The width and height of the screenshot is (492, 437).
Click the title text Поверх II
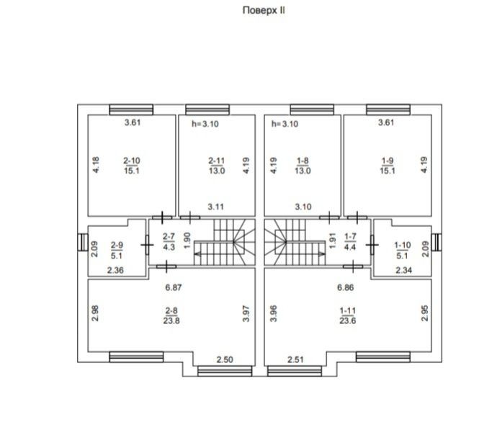coord(264,10)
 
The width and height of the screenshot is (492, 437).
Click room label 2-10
coord(132,161)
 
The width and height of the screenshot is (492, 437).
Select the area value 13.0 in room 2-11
coord(217,171)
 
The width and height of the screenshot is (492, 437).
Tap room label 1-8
coord(303,161)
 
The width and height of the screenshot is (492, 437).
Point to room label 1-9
coord(388,161)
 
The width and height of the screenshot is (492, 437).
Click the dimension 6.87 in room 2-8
coord(173,287)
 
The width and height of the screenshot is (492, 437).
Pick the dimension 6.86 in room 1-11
coord(345,287)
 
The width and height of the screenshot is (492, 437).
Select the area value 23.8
coord(171,320)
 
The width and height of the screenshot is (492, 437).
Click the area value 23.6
coord(347,320)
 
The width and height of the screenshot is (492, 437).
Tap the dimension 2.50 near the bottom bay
coord(225,359)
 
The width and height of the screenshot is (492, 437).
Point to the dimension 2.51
coord(295,359)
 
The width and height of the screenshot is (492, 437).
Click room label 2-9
coord(117,245)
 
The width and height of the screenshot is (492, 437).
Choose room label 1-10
coord(402,245)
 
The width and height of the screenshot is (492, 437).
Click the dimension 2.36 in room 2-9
coord(115,270)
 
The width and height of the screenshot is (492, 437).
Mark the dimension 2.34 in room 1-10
coord(403,270)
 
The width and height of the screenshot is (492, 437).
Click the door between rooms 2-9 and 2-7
coord(147,245)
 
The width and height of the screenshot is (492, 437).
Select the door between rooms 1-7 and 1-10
coord(372,245)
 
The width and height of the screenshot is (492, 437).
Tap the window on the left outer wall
coord(83,243)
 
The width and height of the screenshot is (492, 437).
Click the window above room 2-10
coord(131,109)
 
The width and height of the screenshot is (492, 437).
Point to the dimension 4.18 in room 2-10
coord(96,165)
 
